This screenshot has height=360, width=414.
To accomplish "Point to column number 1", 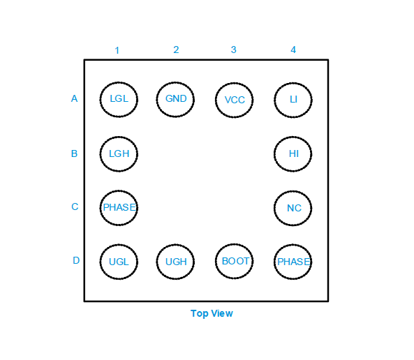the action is [x=117, y=50].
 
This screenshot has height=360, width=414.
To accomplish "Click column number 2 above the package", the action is [x=176, y=50].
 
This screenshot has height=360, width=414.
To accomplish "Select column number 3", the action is [x=234, y=50].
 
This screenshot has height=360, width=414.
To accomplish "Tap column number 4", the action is [x=293, y=50].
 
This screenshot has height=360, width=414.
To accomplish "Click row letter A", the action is [x=75, y=98].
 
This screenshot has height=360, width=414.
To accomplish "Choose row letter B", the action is [x=74, y=153].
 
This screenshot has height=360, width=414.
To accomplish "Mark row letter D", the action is [x=76, y=260].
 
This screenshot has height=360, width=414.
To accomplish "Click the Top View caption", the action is [x=212, y=313].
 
